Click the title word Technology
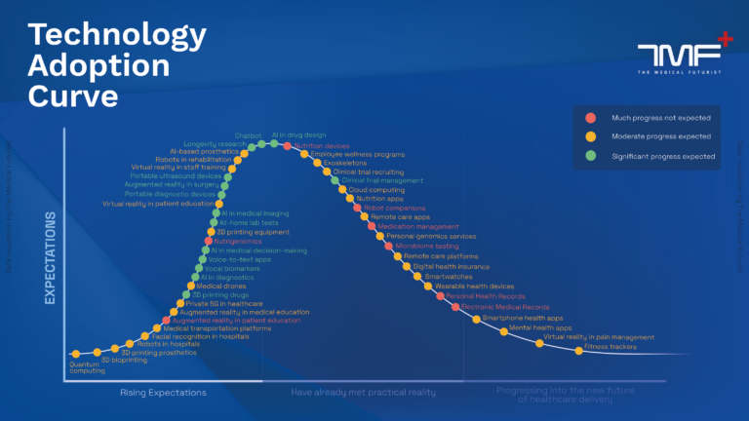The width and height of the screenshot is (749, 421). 117,35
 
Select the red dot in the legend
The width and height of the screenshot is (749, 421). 590,117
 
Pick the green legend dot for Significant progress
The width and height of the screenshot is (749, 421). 590,156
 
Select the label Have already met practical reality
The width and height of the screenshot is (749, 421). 363,392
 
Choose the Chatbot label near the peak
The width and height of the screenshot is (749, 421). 248,135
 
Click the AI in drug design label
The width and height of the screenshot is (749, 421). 297,134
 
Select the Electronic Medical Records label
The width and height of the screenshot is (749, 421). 504,307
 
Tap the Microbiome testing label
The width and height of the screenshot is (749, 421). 427,246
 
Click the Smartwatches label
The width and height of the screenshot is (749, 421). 445,276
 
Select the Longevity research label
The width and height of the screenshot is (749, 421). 216,144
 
